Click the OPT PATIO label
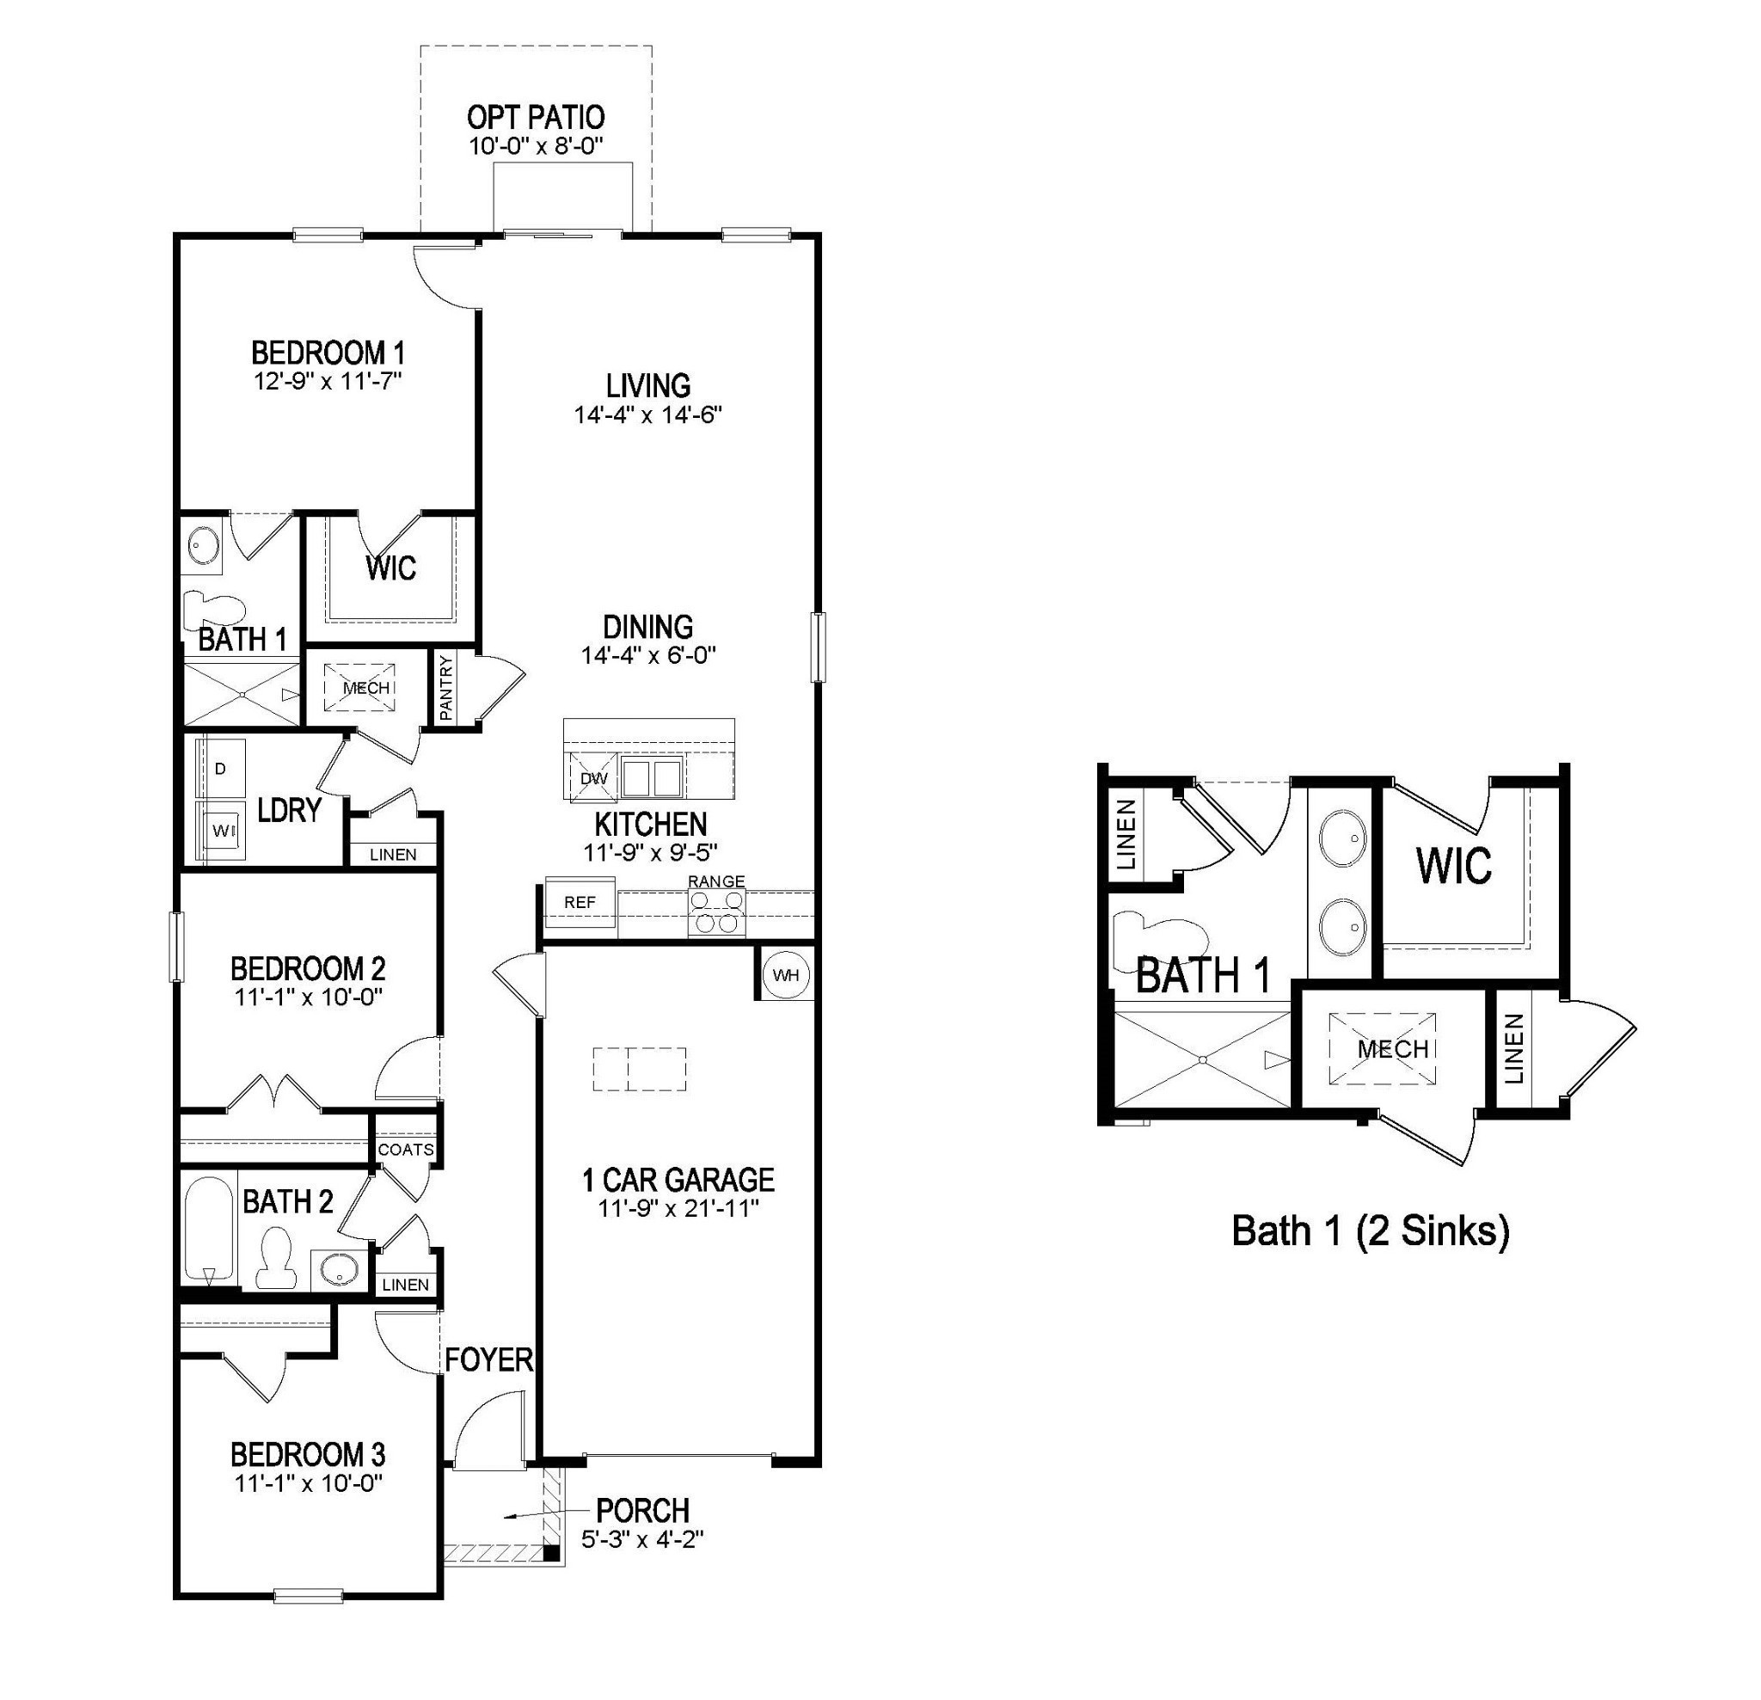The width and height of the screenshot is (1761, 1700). tap(536, 118)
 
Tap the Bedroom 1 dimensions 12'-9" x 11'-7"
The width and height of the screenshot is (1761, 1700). tap(327, 381)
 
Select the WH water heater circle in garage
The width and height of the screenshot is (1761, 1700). tap(785, 975)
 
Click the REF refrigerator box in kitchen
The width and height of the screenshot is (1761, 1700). tap(580, 902)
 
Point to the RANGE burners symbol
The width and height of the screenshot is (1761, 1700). tap(716, 916)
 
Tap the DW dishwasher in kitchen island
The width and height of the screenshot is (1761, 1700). tap(593, 778)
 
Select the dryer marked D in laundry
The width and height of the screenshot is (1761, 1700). tap(221, 768)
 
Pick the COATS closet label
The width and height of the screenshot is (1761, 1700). tap(406, 1149)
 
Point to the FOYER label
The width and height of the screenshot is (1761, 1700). tap(488, 1359)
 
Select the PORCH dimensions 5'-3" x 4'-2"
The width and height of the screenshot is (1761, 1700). tap(641, 1539)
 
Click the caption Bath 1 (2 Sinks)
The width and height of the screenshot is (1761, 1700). tap(1370, 1231)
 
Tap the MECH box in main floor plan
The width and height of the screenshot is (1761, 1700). tap(365, 688)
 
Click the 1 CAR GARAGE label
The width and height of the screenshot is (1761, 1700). tap(678, 1179)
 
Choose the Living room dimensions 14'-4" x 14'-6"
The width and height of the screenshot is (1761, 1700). tap(647, 414)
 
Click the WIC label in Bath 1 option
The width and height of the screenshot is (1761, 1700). tap(1454, 866)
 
